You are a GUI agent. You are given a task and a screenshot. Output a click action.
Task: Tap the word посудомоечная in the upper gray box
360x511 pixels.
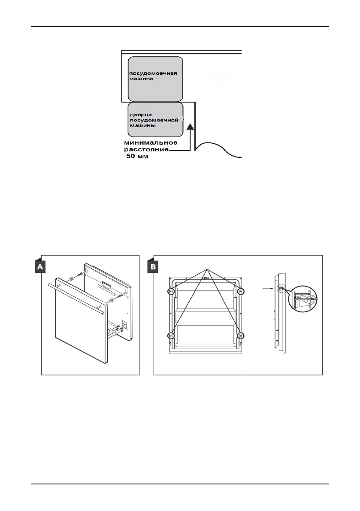pyautogui.click(x=147, y=73)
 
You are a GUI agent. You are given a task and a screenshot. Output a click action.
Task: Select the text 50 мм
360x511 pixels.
pyautogui.click(x=135, y=157)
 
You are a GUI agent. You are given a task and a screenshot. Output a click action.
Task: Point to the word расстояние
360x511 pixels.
pyautogui.click(x=145, y=150)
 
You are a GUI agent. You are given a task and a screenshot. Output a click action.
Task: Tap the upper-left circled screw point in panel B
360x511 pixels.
pyautogui.click(x=171, y=291)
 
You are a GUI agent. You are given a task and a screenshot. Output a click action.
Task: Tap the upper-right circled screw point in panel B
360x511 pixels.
pyautogui.click(x=241, y=291)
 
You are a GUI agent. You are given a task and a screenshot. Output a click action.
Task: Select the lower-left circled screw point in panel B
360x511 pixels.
pyautogui.click(x=171, y=335)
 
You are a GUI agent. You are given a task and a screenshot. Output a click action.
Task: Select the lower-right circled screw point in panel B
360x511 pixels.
pyautogui.click(x=241, y=335)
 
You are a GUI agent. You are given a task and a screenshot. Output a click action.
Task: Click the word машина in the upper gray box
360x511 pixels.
pyautogui.click(x=139, y=79)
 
